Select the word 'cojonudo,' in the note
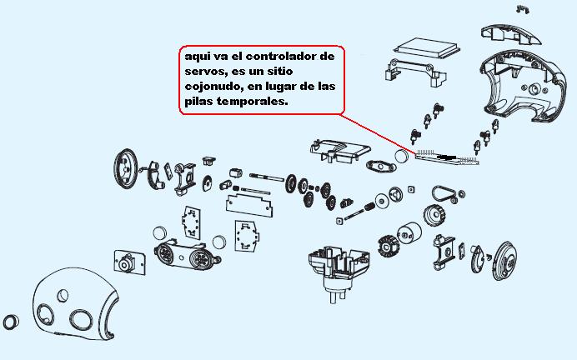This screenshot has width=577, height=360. click(213, 87)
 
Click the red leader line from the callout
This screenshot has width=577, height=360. click(378, 134)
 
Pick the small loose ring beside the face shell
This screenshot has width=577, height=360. click(11, 322)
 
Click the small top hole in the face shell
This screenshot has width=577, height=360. click(63, 295)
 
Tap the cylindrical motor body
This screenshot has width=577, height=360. click(409, 233)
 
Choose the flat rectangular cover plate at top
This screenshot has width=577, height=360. click(426, 47)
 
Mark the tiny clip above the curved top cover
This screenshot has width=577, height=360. click(523, 9)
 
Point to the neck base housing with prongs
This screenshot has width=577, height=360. click(339, 269)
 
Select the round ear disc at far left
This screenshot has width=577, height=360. click(126, 169)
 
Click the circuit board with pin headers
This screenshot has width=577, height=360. click(447, 158)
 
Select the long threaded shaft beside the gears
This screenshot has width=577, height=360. click(267, 177)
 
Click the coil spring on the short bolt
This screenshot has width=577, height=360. click(369, 207)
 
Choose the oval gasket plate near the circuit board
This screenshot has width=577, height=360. click(381, 166)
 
